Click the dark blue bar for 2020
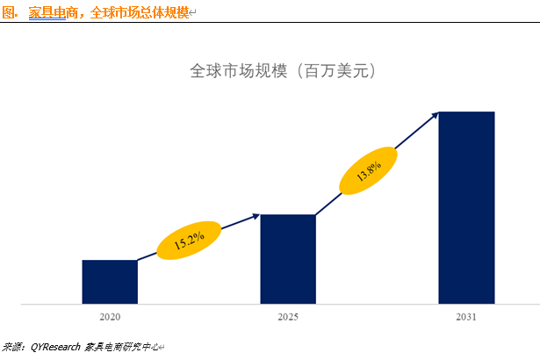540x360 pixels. (110, 282)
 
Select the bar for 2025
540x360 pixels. (288, 259)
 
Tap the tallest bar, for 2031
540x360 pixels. (466, 208)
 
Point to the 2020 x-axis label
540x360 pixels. (110, 316)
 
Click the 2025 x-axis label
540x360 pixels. (288, 316)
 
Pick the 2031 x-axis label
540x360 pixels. (466, 316)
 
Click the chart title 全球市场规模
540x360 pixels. (238, 71)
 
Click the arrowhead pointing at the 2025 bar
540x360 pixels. (256, 214)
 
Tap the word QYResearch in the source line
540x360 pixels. (55, 347)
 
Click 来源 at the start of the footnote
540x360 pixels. (12, 347)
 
